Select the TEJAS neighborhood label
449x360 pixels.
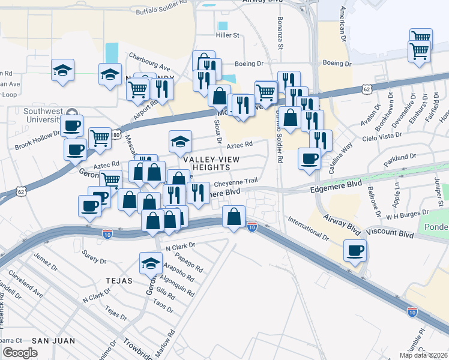click(x=118, y=280)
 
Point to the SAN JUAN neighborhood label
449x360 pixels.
click(x=53, y=341)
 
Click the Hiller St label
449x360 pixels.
click(x=228, y=35)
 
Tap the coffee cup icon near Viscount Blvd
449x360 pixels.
click(x=355, y=250)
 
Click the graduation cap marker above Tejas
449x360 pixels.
click(x=151, y=262)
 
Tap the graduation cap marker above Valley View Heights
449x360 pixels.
click(x=180, y=141)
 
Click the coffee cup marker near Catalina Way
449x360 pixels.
click(x=309, y=158)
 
